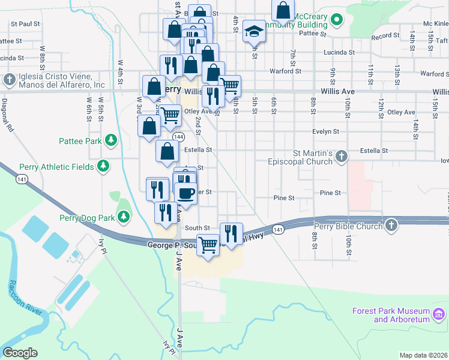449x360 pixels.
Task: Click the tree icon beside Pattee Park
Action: (110, 141)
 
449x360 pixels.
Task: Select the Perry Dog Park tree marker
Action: (124, 217)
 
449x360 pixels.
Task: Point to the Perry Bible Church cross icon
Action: (391, 226)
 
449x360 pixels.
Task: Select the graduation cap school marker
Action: (254, 31)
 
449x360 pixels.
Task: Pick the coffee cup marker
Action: (186, 193)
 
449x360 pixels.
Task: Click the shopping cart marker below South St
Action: (208, 244)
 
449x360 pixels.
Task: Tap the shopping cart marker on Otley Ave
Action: (170, 113)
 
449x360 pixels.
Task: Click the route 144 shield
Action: (179, 137)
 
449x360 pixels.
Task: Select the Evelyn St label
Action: (325, 131)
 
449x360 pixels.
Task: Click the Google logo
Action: (20, 353)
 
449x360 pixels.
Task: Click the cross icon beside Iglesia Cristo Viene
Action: (10, 80)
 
